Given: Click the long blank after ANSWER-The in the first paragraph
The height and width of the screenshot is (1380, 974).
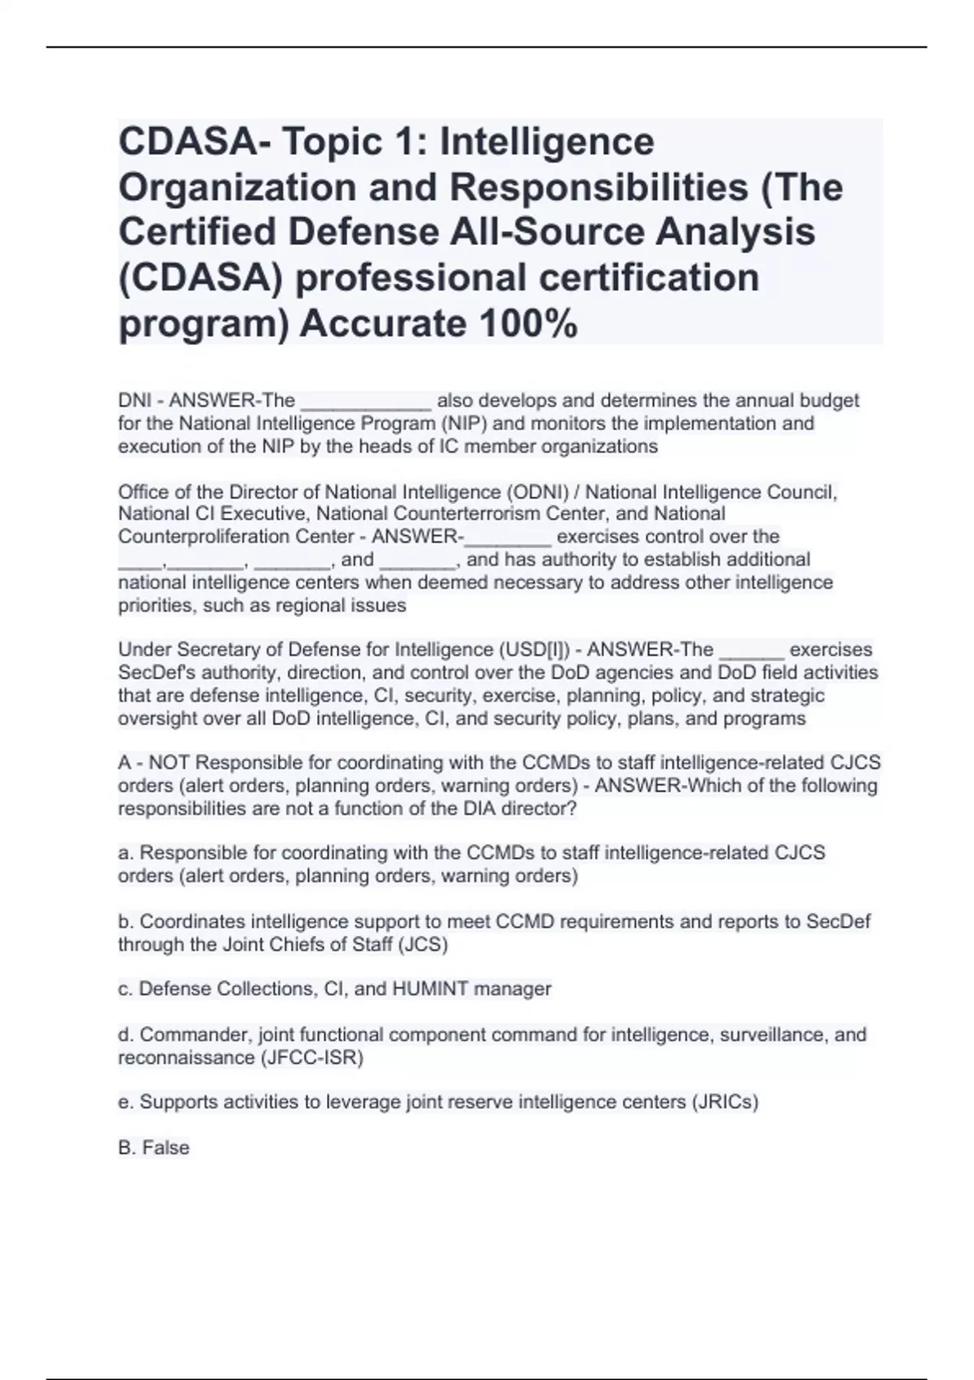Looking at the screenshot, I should [365, 402].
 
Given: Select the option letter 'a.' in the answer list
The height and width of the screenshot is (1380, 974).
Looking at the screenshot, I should [126, 853].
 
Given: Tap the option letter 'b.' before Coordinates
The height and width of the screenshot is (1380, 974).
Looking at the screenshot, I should [126, 921].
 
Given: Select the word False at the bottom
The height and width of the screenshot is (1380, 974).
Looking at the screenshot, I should [166, 1148].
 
